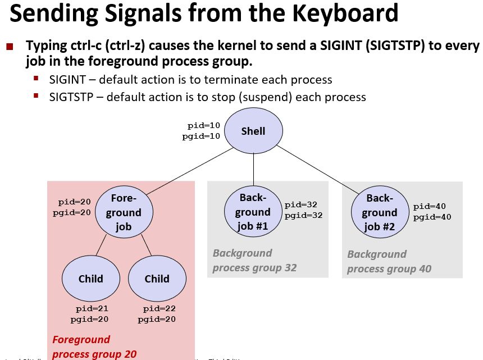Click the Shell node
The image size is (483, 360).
(x=253, y=131)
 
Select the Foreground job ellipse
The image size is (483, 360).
(x=124, y=212)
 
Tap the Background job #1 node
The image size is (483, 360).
(x=253, y=212)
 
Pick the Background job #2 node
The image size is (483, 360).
(x=380, y=213)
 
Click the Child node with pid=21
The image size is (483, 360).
(x=90, y=279)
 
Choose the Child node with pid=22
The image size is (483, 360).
(x=157, y=279)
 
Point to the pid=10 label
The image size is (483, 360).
(x=204, y=126)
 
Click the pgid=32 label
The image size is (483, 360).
(x=304, y=215)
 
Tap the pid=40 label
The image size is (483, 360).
(x=430, y=207)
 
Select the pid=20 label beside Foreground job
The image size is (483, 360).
(x=75, y=202)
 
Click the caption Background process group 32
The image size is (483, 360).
(x=254, y=261)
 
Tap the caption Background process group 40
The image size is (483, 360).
(x=389, y=262)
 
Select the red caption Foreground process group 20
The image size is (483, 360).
(x=94, y=347)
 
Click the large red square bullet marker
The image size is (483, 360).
(x=9, y=46)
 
